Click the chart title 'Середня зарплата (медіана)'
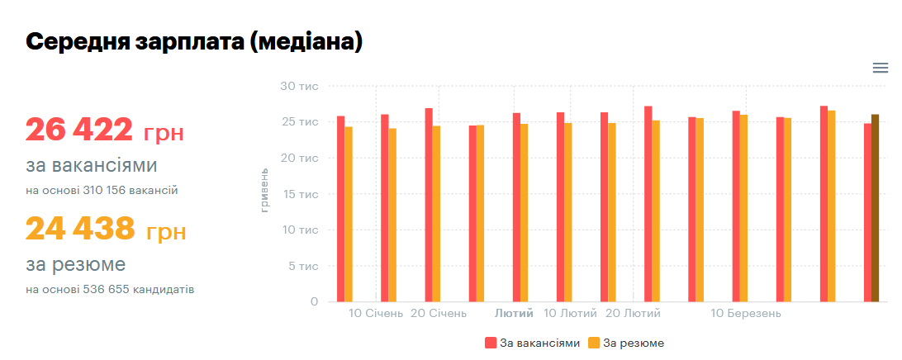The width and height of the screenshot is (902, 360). [194, 42]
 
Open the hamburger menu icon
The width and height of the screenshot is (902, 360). [880, 69]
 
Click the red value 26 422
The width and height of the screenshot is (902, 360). [78, 130]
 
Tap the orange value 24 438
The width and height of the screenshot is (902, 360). [79, 229]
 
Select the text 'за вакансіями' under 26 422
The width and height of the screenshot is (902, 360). [91, 166]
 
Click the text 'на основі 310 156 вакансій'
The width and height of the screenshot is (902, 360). [102, 191]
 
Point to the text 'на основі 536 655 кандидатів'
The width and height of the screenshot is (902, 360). [110, 290]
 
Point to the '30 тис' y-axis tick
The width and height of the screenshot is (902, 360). [299, 86]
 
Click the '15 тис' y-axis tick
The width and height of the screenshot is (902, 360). [299, 194]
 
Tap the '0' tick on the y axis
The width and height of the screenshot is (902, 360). [314, 302]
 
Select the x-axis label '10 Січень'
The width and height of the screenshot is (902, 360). [376, 314]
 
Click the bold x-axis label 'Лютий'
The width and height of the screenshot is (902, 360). [514, 314]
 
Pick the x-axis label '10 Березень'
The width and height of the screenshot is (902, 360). [746, 314]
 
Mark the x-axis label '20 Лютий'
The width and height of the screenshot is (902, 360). [633, 314]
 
